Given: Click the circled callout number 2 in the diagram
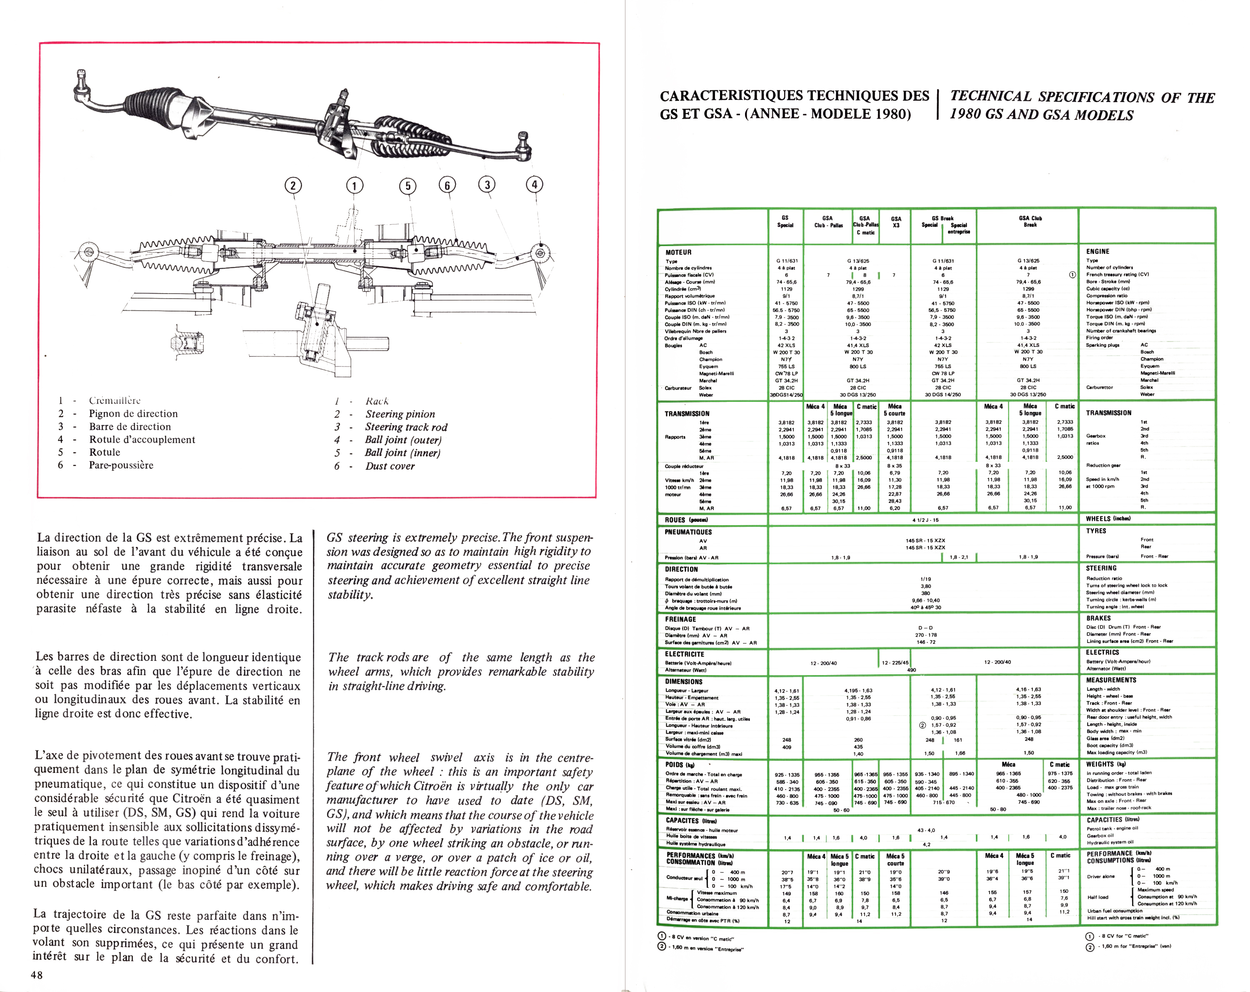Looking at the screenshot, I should [x=293, y=185].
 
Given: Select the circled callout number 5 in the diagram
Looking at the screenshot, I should [x=407, y=185].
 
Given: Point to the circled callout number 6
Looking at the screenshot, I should [x=446, y=185].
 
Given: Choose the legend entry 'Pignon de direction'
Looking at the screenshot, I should [x=133, y=414].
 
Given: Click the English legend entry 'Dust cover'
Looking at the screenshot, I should [x=390, y=466].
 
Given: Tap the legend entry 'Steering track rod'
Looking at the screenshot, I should [x=406, y=427].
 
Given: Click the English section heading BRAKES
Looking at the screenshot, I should [x=1099, y=618].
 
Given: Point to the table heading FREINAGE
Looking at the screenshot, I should [x=680, y=619].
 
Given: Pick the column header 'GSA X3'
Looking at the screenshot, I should [x=896, y=222].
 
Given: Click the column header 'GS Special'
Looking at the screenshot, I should [x=785, y=222].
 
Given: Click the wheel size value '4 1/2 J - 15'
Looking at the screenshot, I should [x=925, y=520].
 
